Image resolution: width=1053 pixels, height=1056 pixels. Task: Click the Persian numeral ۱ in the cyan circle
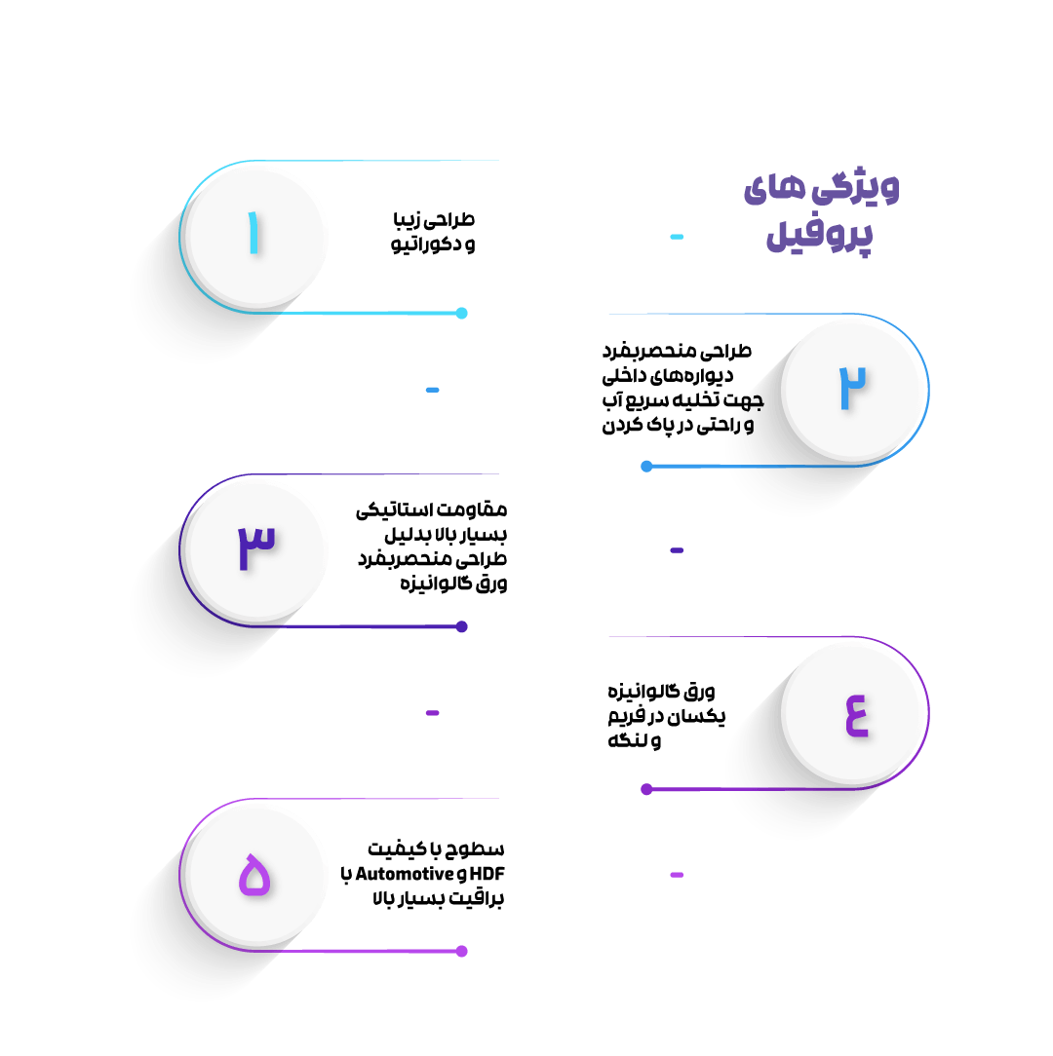click(x=253, y=233)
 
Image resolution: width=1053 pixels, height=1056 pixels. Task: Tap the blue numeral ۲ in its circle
click(x=852, y=389)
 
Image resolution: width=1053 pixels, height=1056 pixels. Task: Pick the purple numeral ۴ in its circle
click(x=857, y=715)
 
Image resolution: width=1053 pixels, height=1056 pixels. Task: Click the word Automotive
click(x=404, y=874)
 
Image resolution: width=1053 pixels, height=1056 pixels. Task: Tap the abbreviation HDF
click(x=487, y=874)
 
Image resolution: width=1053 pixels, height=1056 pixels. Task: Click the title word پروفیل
click(x=819, y=235)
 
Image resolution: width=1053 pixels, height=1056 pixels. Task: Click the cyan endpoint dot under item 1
click(x=462, y=313)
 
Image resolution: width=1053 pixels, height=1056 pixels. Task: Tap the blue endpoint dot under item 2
click(x=646, y=466)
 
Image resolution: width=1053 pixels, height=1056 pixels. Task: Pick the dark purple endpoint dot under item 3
click(x=462, y=627)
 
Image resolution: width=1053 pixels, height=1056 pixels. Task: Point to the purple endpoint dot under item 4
click(x=646, y=789)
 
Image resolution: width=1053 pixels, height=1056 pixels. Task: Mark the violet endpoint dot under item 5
click(x=462, y=951)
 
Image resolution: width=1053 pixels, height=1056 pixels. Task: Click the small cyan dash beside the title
click(x=677, y=237)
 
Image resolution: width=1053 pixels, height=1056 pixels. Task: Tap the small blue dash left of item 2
click(x=433, y=390)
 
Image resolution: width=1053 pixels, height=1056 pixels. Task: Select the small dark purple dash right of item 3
click(x=677, y=550)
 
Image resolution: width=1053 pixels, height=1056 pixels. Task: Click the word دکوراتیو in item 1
click(x=426, y=244)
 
